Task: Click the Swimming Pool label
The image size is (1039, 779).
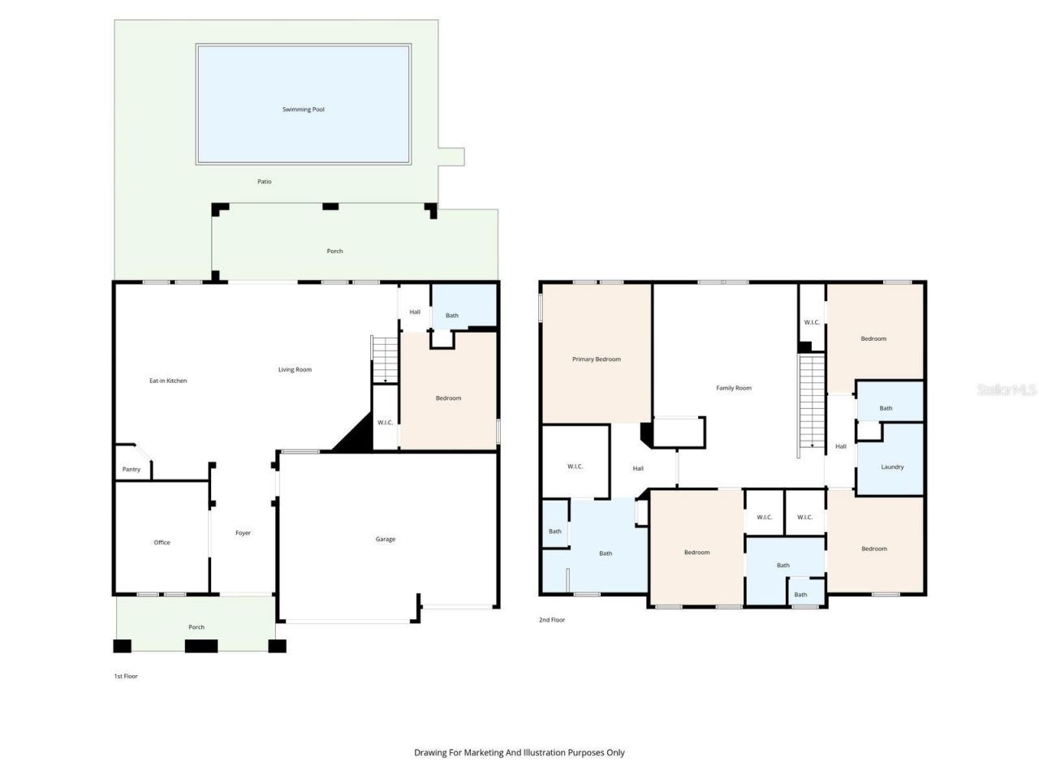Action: point(304,110)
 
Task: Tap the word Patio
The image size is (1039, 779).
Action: point(265,182)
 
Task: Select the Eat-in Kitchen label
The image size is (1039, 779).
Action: point(168,381)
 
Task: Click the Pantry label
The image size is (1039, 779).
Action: point(131,470)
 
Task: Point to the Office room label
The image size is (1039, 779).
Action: point(162,543)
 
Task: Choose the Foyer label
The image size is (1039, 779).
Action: point(244,533)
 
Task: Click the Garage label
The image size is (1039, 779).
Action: point(386,540)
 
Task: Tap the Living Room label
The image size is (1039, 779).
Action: point(295,370)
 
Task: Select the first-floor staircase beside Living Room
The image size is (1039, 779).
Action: point(385,359)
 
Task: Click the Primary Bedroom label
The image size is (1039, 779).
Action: point(597,359)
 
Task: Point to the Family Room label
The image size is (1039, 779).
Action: point(734,389)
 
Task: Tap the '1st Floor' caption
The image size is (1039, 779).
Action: point(126,676)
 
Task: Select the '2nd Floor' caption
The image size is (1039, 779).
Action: point(552,620)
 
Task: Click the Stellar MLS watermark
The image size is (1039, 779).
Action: point(1007,390)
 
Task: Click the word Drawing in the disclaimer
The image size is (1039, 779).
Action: point(430,753)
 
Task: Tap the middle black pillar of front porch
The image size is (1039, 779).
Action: point(201,647)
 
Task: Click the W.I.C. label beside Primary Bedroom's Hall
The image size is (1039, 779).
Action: point(576,467)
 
